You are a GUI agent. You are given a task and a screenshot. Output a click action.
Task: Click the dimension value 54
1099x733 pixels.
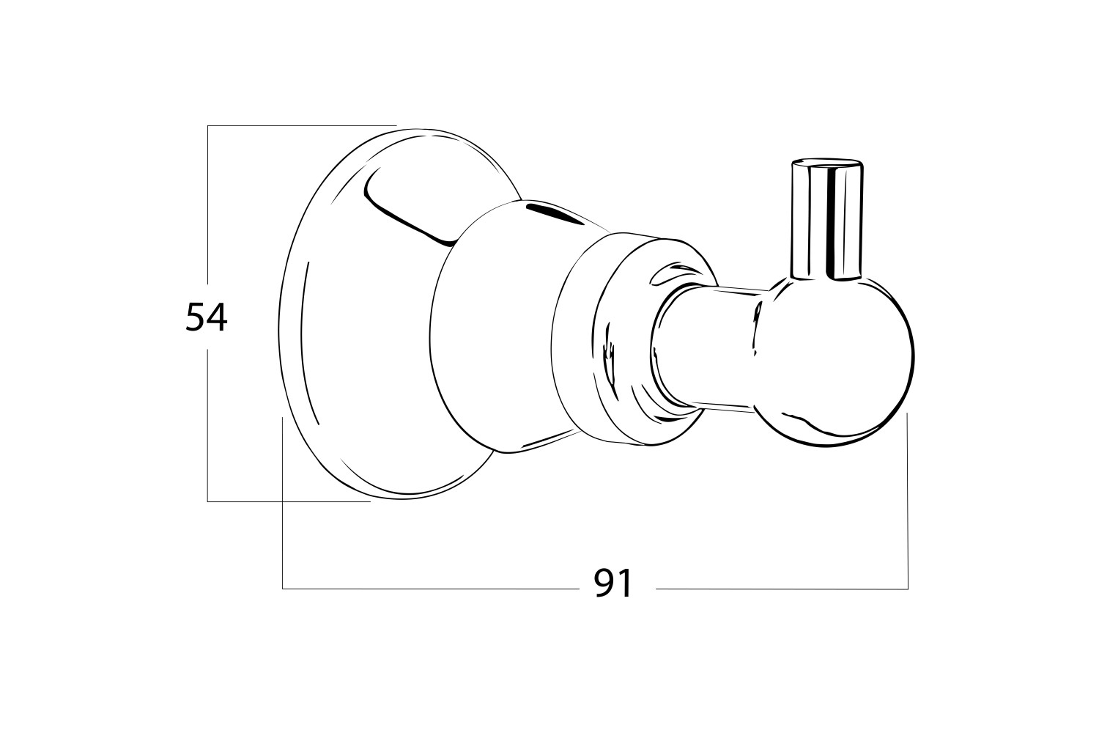(x=207, y=317)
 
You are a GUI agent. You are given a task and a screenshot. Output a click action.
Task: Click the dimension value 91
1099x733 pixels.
(x=613, y=583)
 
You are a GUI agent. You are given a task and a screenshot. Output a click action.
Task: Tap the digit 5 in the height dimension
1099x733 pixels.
(x=196, y=317)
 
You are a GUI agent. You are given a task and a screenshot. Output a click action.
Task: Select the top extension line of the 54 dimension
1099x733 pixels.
(x=300, y=126)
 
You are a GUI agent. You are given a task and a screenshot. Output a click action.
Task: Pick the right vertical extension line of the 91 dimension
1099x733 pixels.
(x=908, y=498)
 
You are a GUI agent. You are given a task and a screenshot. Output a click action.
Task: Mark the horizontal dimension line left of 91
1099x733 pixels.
(x=432, y=589)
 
